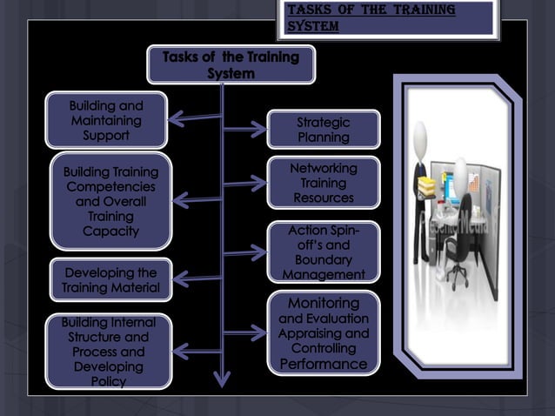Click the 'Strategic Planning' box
(323, 129)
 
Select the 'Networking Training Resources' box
(323, 183)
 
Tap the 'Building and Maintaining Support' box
(106, 120)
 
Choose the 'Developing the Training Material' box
(110, 279)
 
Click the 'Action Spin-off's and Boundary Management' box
(323, 252)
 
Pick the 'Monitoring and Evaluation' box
(323, 332)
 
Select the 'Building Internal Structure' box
(109, 351)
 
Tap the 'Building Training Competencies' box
(110, 201)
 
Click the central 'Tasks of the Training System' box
(231, 65)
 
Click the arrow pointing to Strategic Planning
(245, 130)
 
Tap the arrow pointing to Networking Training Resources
(245, 183)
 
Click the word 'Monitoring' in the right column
(324, 303)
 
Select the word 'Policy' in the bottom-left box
(109, 381)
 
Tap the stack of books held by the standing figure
(428, 185)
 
